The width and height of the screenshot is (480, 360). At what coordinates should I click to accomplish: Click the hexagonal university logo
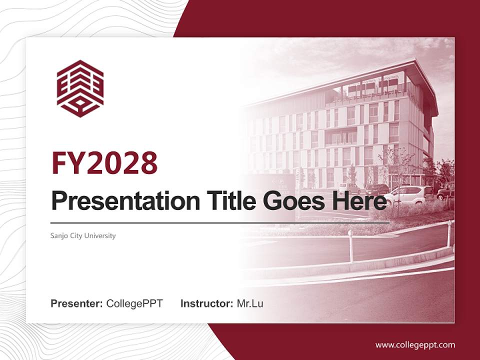click(80, 88)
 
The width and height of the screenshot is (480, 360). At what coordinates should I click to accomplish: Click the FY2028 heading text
click(104, 163)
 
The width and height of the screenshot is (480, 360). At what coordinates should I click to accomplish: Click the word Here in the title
click(361, 201)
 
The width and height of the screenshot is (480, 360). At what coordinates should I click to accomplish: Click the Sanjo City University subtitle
click(83, 235)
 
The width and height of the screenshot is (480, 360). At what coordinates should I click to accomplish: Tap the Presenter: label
click(76, 303)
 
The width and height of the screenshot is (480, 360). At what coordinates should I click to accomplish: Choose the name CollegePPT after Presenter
click(134, 303)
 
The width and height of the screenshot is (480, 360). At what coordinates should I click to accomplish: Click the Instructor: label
click(206, 303)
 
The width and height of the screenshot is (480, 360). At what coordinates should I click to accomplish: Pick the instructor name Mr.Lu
click(250, 303)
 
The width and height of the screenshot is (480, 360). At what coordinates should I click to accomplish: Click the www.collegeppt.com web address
click(415, 345)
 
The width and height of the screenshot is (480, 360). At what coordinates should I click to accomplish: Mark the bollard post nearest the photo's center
click(350, 246)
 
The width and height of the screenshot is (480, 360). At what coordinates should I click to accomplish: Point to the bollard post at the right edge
click(449, 233)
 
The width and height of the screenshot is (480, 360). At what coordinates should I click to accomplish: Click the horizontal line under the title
click(220, 222)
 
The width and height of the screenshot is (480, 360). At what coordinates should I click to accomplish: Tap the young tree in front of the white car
click(395, 175)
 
